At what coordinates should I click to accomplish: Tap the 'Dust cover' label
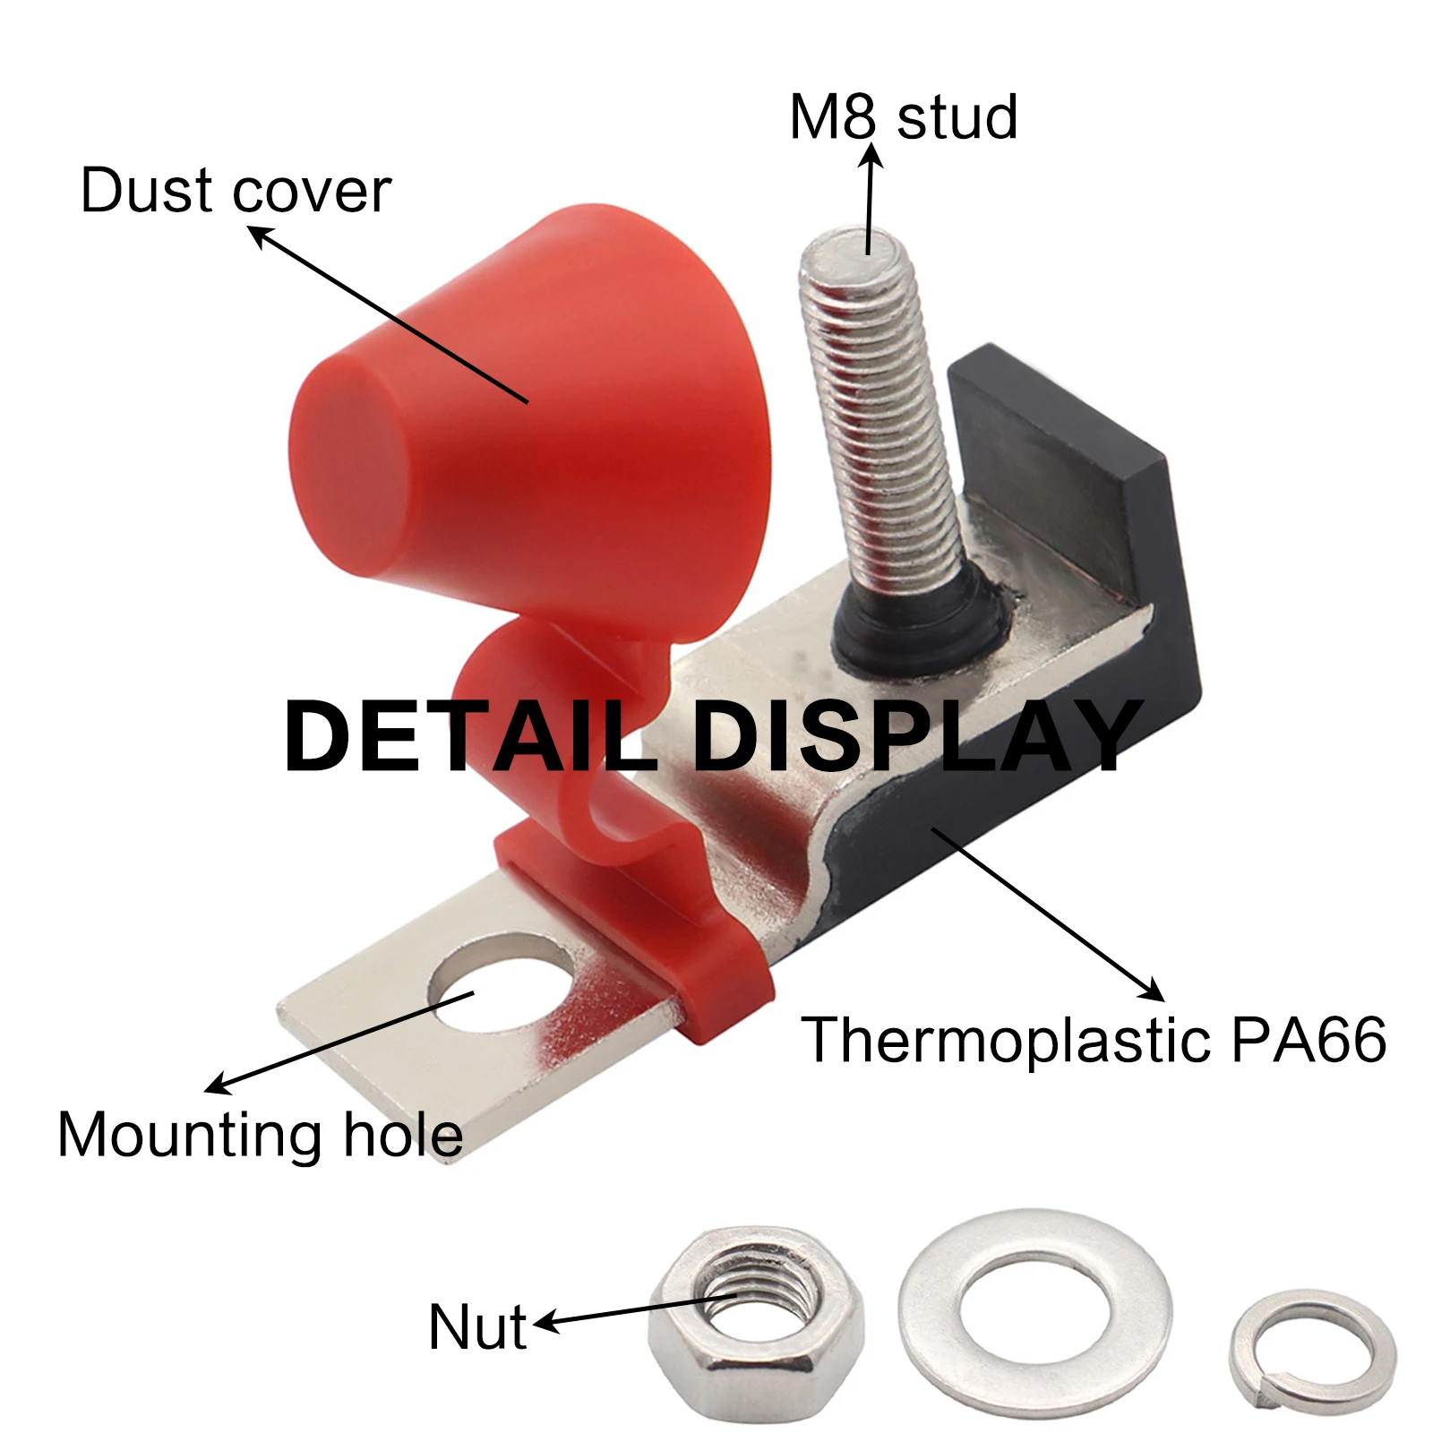pos(236,191)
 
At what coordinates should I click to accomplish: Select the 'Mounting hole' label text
pos(260,1135)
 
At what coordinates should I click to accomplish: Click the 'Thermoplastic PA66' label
pos(1094,1039)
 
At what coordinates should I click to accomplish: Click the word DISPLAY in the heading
pos(918,736)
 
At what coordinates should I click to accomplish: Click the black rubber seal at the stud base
pos(922,618)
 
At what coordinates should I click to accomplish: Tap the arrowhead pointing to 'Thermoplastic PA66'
pos(1154,990)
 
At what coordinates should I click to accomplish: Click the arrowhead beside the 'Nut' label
pos(546,1323)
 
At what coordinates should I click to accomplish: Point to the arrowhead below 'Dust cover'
pos(260,236)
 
